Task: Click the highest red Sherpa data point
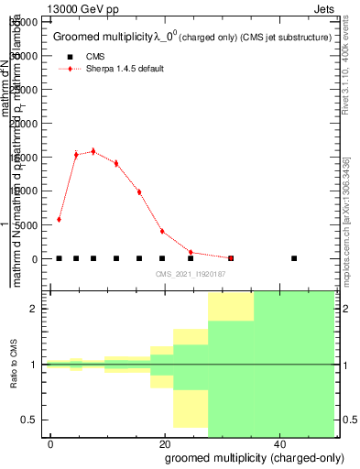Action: click(93, 151)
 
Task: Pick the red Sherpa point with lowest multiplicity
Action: click(59, 219)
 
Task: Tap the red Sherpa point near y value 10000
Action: click(139, 191)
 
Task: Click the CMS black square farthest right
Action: click(294, 258)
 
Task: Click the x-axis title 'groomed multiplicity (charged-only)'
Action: click(248, 457)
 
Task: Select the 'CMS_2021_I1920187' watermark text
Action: click(191, 274)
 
